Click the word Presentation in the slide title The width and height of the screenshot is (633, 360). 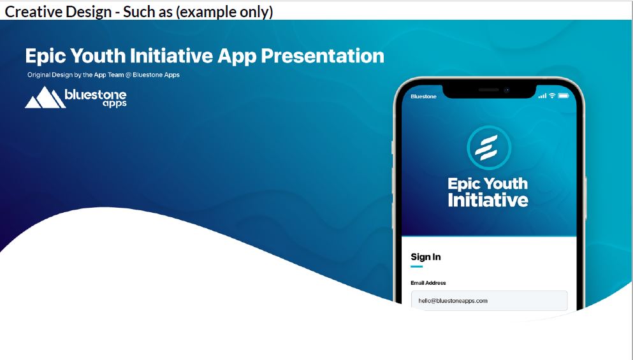[x=323, y=55]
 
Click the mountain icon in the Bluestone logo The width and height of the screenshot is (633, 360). [x=45, y=97]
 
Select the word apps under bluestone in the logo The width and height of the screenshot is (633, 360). [x=115, y=104]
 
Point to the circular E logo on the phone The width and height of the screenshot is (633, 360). [x=489, y=147]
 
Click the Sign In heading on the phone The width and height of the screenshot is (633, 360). [x=425, y=257]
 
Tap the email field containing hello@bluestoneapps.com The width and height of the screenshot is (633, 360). [x=489, y=301]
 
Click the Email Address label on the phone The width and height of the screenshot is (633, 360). [x=428, y=283]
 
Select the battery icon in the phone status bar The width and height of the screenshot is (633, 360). [x=564, y=96]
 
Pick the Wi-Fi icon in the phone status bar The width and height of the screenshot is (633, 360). [x=552, y=96]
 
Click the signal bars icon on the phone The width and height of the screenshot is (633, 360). [x=542, y=96]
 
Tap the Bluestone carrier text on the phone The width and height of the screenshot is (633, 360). [x=423, y=96]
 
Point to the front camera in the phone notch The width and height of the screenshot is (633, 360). [x=506, y=90]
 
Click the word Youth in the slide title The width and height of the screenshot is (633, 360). [x=98, y=55]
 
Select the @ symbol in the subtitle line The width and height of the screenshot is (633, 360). [x=128, y=75]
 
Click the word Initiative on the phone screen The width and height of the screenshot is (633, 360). [x=488, y=200]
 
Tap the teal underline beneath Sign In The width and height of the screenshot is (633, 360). [x=417, y=266]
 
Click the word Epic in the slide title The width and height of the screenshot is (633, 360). [x=46, y=56]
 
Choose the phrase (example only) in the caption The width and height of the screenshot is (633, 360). [x=224, y=11]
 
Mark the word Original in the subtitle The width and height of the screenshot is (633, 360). [x=39, y=75]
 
